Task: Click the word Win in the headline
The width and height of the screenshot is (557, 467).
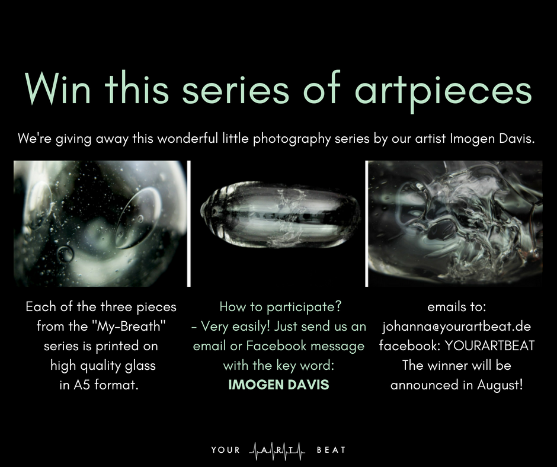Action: click(58, 88)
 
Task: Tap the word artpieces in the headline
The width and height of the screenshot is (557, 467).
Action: click(443, 91)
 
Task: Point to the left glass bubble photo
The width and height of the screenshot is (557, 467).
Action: click(100, 223)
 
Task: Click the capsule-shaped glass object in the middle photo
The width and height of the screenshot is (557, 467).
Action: click(281, 215)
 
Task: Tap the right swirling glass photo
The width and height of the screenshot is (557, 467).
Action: click(456, 223)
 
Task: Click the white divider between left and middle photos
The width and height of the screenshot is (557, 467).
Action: click(189, 223)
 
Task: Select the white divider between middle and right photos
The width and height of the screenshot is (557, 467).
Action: click(367, 223)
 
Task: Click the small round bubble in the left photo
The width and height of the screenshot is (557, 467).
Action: click(65, 254)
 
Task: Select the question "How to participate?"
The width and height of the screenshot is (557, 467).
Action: click(280, 307)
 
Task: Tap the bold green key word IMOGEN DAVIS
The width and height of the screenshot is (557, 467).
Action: click(279, 385)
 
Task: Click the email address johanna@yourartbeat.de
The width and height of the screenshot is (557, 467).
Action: click(456, 327)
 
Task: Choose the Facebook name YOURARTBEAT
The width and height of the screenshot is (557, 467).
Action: click(489, 346)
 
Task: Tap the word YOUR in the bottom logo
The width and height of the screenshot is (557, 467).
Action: click(226, 450)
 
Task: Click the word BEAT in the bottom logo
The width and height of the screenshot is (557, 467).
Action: click(331, 450)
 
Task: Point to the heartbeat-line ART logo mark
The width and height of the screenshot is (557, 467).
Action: click(277, 450)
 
